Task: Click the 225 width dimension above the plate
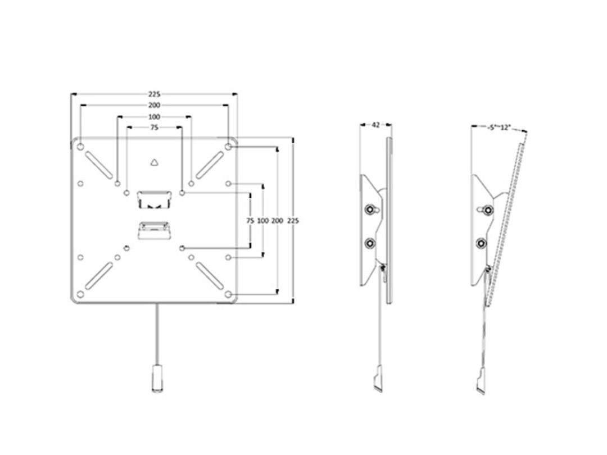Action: tap(155, 94)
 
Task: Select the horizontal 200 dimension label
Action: tap(155, 106)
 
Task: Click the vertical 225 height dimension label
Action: tap(293, 221)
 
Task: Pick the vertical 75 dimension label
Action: tap(250, 221)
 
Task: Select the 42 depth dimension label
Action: tap(375, 125)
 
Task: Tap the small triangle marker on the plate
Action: tap(155, 163)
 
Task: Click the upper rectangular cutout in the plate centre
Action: tap(154, 199)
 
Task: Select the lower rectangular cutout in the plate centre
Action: tap(154, 230)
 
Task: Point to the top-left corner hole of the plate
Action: tap(80, 147)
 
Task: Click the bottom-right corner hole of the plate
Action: tap(228, 294)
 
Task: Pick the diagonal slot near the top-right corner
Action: tap(210, 165)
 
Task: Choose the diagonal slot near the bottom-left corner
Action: tap(99, 276)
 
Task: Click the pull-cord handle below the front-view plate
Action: tap(156, 379)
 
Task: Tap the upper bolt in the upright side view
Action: tap(370, 210)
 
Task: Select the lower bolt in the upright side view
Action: tap(370, 243)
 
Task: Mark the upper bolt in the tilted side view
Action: tap(482, 210)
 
